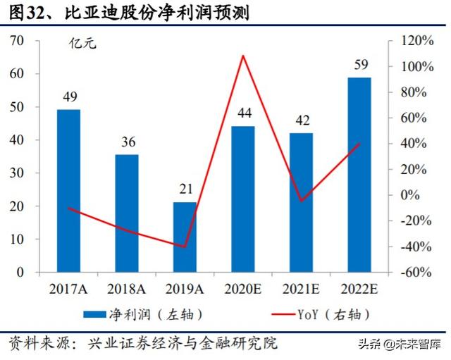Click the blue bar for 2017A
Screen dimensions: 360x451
(68, 190)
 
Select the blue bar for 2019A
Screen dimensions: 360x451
(185, 237)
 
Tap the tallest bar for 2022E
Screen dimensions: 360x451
(359, 174)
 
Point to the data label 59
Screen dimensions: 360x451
(360, 66)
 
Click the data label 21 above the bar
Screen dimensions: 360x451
(185, 190)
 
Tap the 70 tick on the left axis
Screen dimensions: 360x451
(16, 41)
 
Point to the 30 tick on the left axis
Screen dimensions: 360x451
(16, 173)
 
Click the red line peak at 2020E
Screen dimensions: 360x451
(243, 55)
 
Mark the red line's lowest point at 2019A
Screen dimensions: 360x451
(185, 247)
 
